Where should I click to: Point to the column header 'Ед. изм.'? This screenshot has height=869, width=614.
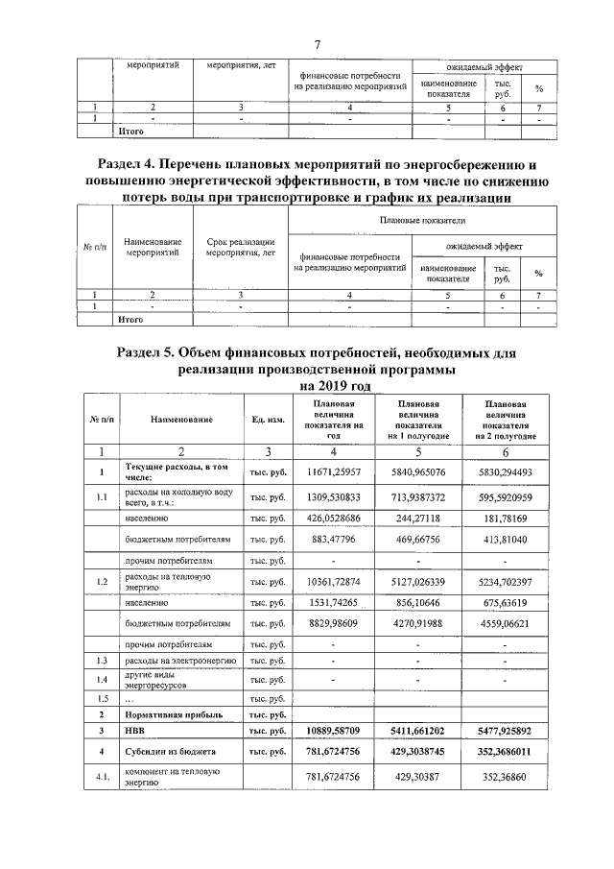coord(267,419)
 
